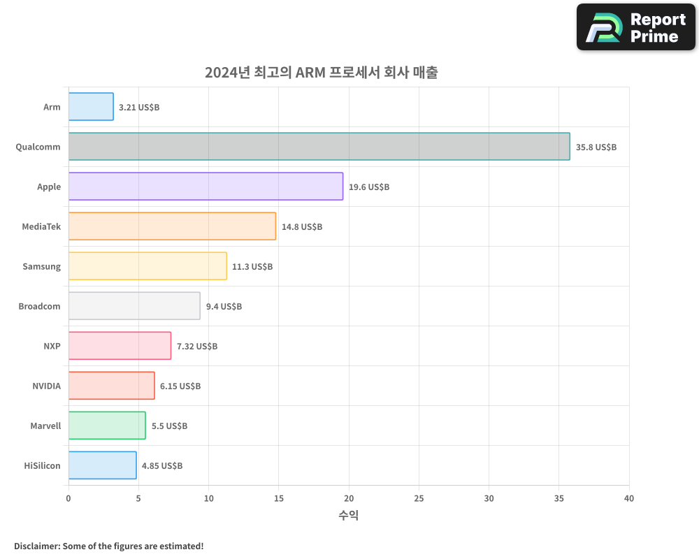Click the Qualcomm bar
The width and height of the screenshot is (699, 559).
319,147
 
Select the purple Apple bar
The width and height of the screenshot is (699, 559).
206,187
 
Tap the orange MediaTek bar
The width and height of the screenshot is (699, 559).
172,226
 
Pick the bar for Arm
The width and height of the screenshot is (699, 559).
91,107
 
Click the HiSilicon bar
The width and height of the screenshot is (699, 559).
102,465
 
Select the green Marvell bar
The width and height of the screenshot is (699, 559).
107,426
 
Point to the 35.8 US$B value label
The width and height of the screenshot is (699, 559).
596,147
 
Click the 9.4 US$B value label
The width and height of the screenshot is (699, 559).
224,307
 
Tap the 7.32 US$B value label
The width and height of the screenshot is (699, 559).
196,347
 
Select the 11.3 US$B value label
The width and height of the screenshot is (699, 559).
252,267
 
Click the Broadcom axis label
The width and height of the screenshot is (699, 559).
39,307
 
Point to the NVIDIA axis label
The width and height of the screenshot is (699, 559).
46,386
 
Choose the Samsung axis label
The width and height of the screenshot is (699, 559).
41,267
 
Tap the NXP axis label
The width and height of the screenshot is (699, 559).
52,347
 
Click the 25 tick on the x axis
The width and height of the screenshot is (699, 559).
419,498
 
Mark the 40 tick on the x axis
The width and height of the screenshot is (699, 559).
628,498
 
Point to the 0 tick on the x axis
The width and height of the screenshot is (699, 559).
69,498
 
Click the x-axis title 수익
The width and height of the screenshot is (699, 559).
349,516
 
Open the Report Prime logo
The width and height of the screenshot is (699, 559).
635,27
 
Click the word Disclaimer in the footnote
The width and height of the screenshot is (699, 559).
36,546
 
